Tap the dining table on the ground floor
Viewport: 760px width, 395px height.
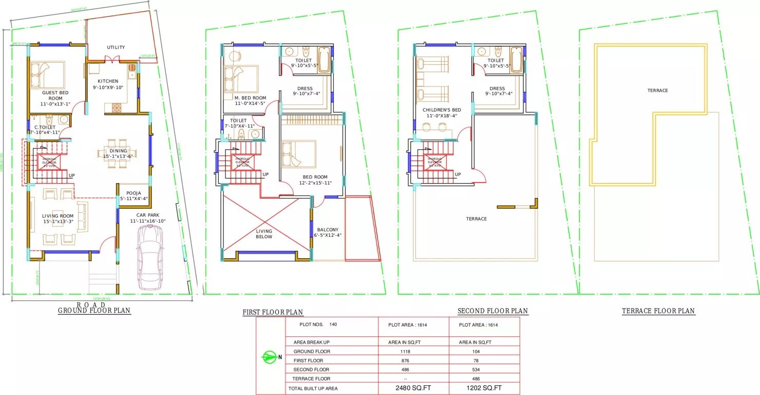pyautogui.click(x=115, y=154)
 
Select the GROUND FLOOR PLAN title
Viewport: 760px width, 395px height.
pyautogui.click(x=94, y=310)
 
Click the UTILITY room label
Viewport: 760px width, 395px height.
pyautogui.click(x=116, y=47)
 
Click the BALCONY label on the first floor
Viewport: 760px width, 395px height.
pyautogui.click(x=328, y=230)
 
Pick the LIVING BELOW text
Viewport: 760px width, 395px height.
pyautogui.click(x=264, y=234)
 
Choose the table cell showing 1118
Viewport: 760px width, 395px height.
pyautogui.click(x=406, y=352)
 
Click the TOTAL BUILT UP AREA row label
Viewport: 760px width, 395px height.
pyautogui.click(x=313, y=388)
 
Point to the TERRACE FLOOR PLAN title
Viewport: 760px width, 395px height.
pyautogui.click(x=658, y=311)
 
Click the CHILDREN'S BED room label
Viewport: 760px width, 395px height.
pyautogui.click(x=442, y=110)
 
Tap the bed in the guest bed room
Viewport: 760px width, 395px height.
pyautogui.click(x=47, y=75)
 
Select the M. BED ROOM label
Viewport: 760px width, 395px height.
pyautogui.click(x=250, y=98)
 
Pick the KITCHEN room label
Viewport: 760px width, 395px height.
pyautogui.click(x=108, y=81)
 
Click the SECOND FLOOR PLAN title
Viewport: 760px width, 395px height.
pyautogui.click(x=492, y=311)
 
